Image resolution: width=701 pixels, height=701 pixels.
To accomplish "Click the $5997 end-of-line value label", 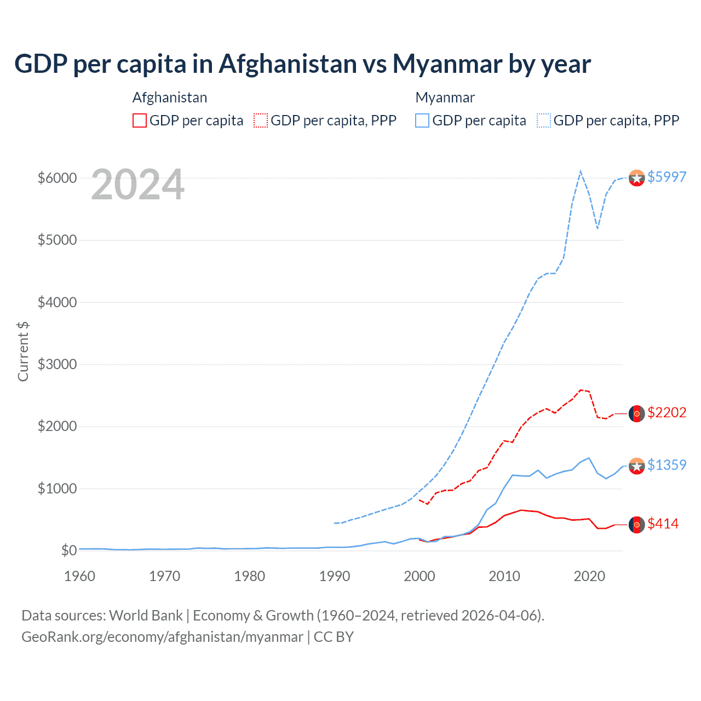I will point(666,177).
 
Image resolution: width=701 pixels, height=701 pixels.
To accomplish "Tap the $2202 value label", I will point(666,412).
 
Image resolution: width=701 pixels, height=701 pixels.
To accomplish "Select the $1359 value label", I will point(666,465).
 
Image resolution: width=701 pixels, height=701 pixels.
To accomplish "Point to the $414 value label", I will point(663,524).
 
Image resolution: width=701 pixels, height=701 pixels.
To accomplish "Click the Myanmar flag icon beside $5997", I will point(636,178).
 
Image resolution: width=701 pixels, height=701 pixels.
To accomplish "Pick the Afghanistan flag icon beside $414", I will point(636,525).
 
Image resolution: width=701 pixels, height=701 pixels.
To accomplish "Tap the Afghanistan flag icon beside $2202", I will point(636,413).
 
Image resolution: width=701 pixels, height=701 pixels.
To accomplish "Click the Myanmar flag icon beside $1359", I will point(636,466).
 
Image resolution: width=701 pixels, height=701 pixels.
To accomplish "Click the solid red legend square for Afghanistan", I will point(140,120).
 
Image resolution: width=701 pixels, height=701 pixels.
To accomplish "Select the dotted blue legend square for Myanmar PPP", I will point(544,120).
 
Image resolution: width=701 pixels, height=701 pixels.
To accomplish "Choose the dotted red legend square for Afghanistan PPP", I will point(261,120).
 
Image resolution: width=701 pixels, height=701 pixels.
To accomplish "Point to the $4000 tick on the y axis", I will point(57,302).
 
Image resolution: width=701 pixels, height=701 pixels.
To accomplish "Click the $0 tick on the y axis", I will point(68,550).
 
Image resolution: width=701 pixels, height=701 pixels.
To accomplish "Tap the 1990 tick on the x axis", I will point(335,576).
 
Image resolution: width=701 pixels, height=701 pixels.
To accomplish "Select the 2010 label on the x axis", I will point(504,576).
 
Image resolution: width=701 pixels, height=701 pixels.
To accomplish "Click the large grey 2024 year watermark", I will point(137,185).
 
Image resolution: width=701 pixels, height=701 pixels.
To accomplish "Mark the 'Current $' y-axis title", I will point(23,351).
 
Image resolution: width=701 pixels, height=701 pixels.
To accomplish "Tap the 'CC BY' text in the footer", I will point(334,637).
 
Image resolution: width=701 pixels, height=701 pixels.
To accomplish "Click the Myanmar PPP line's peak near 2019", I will point(581,171).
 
